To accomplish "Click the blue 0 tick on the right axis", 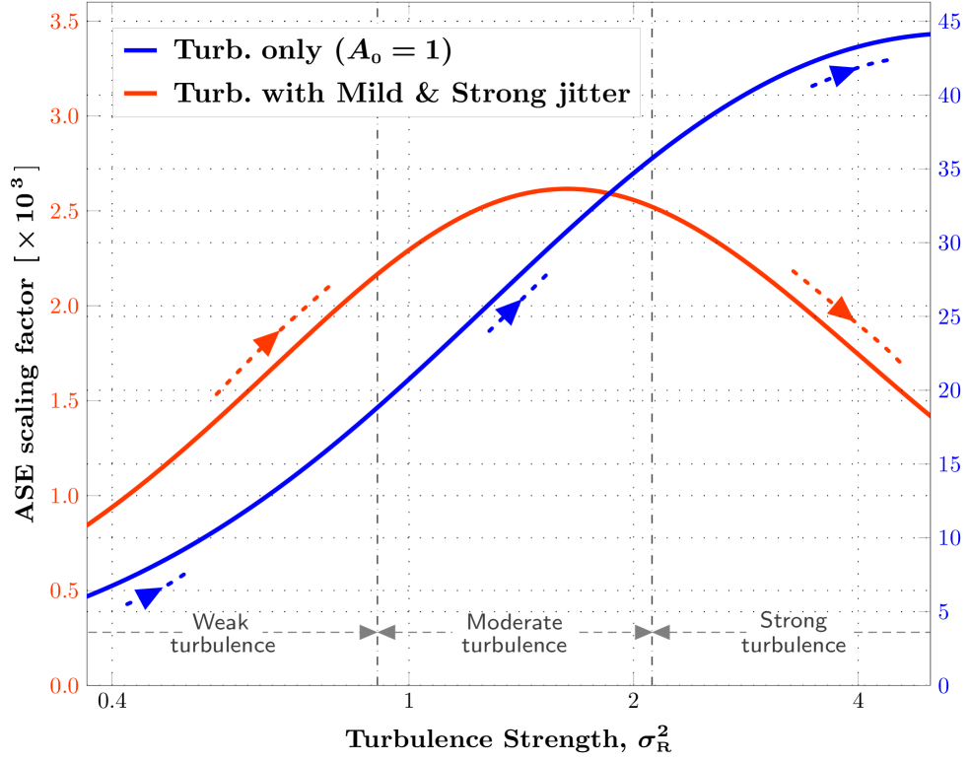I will pos(944,685).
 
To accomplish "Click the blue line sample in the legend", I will pos(143,50).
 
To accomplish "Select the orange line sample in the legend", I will pos(143,95).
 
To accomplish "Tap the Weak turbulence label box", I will pos(223,623).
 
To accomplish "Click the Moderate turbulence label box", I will pos(514,623).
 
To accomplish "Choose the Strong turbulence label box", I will pos(795,622).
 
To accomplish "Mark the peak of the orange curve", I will pos(564,188).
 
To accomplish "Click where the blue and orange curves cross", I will pos(612,193).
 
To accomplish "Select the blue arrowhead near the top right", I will pos(842,75).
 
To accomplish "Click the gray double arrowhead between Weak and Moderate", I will pos(378,632).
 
